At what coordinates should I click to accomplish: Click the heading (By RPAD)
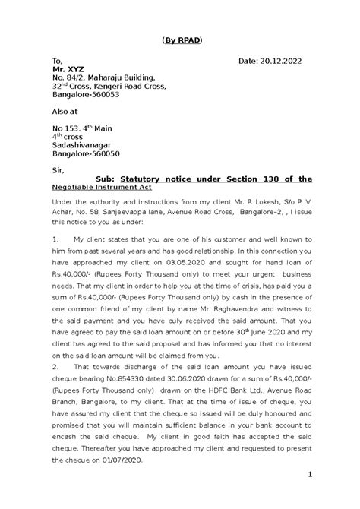180,39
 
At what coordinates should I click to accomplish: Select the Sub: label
106,179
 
